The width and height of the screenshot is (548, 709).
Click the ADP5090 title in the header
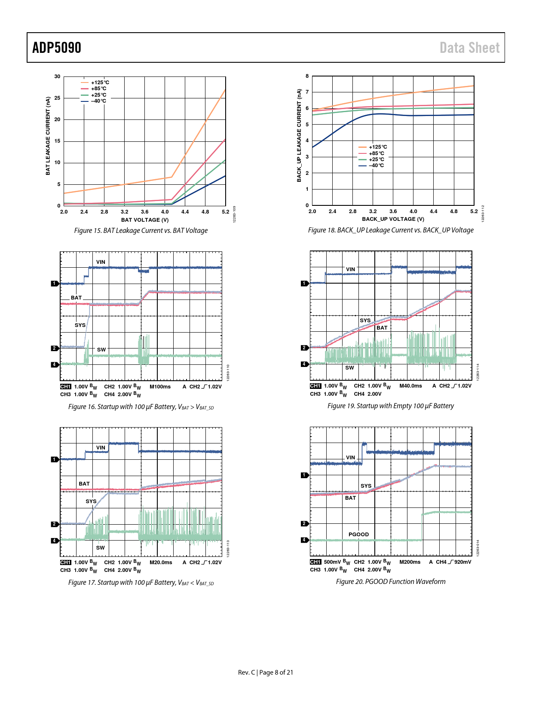coord(57,48)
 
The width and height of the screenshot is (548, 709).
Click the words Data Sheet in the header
coord(469,48)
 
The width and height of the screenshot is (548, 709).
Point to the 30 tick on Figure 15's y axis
coord(57,76)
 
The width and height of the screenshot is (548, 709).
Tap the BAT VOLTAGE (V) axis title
coord(145,220)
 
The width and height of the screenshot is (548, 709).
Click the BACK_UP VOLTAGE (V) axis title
coord(393,219)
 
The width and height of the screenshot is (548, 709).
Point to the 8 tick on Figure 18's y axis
coord(307,76)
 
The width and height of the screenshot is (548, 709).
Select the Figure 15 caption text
coord(141,231)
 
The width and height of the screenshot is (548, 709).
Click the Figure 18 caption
coord(391,230)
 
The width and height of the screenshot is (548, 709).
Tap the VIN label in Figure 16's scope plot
coord(101,262)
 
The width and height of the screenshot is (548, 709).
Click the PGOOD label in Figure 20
coord(358,535)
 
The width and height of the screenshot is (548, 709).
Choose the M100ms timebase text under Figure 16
coord(160,387)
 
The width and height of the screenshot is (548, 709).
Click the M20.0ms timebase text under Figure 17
coord(161,562)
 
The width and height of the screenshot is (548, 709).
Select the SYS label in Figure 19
coord(365,321)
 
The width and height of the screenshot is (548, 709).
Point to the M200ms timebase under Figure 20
coord(410,562)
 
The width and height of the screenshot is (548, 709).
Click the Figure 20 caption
coord(391,582)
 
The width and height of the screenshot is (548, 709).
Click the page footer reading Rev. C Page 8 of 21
coord(266,672)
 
